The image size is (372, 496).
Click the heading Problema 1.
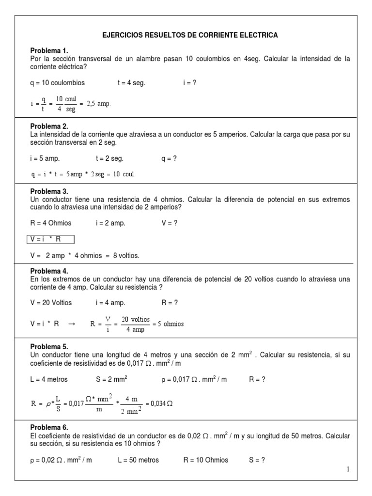pos(49,51)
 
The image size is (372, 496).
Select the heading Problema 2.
pos(49,126)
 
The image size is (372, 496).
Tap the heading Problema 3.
pos(49,191)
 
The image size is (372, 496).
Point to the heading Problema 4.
pos(49,271)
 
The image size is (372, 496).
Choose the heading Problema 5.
pos(49,347)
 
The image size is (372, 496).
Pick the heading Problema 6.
pos(49,428)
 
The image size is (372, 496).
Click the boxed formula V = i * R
pos(50,239)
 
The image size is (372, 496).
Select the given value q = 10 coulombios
pos(57,83)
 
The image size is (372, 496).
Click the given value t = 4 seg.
pos(131,83)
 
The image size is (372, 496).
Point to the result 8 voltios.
pos(126,255)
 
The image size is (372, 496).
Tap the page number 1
pos(348,469)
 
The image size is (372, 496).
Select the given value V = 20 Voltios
pos(50,303)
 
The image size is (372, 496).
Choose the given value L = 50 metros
pos(138,460)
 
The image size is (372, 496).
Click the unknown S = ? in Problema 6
pos(257,460)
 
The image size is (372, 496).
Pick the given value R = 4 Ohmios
pos(50,223)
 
